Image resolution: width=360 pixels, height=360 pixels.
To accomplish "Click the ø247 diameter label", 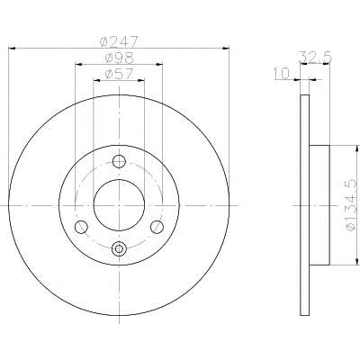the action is tap(119, 41).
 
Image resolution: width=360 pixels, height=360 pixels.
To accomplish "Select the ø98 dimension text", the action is tap(119, 58).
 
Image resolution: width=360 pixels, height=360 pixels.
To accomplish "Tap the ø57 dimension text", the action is tap(119, 74).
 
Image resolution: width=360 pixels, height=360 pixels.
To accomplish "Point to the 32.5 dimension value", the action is tap(316, 57).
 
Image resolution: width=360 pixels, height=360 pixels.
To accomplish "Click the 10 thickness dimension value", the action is tap(282, 74).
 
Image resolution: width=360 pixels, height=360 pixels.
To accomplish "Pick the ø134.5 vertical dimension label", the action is tap(352, 205).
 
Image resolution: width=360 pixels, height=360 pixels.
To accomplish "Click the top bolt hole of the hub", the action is tap(119, 162).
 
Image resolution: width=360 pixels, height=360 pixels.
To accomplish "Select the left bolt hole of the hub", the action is tap(81, 227).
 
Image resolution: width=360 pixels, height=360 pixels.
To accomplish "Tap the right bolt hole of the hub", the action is tap(157, 227).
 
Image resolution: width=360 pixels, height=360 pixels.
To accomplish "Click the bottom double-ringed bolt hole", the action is tap(119, 248).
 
